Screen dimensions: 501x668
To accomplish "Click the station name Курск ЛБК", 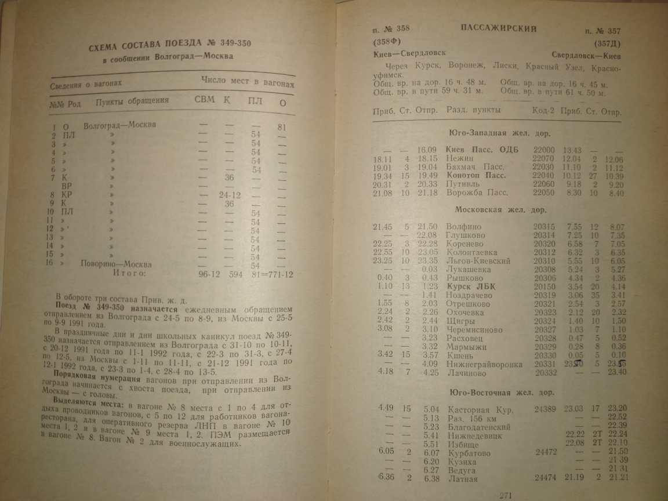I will click(471, 286).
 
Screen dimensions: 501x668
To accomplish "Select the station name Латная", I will click(462, 479).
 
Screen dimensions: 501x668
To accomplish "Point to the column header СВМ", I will click(204, 100).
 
